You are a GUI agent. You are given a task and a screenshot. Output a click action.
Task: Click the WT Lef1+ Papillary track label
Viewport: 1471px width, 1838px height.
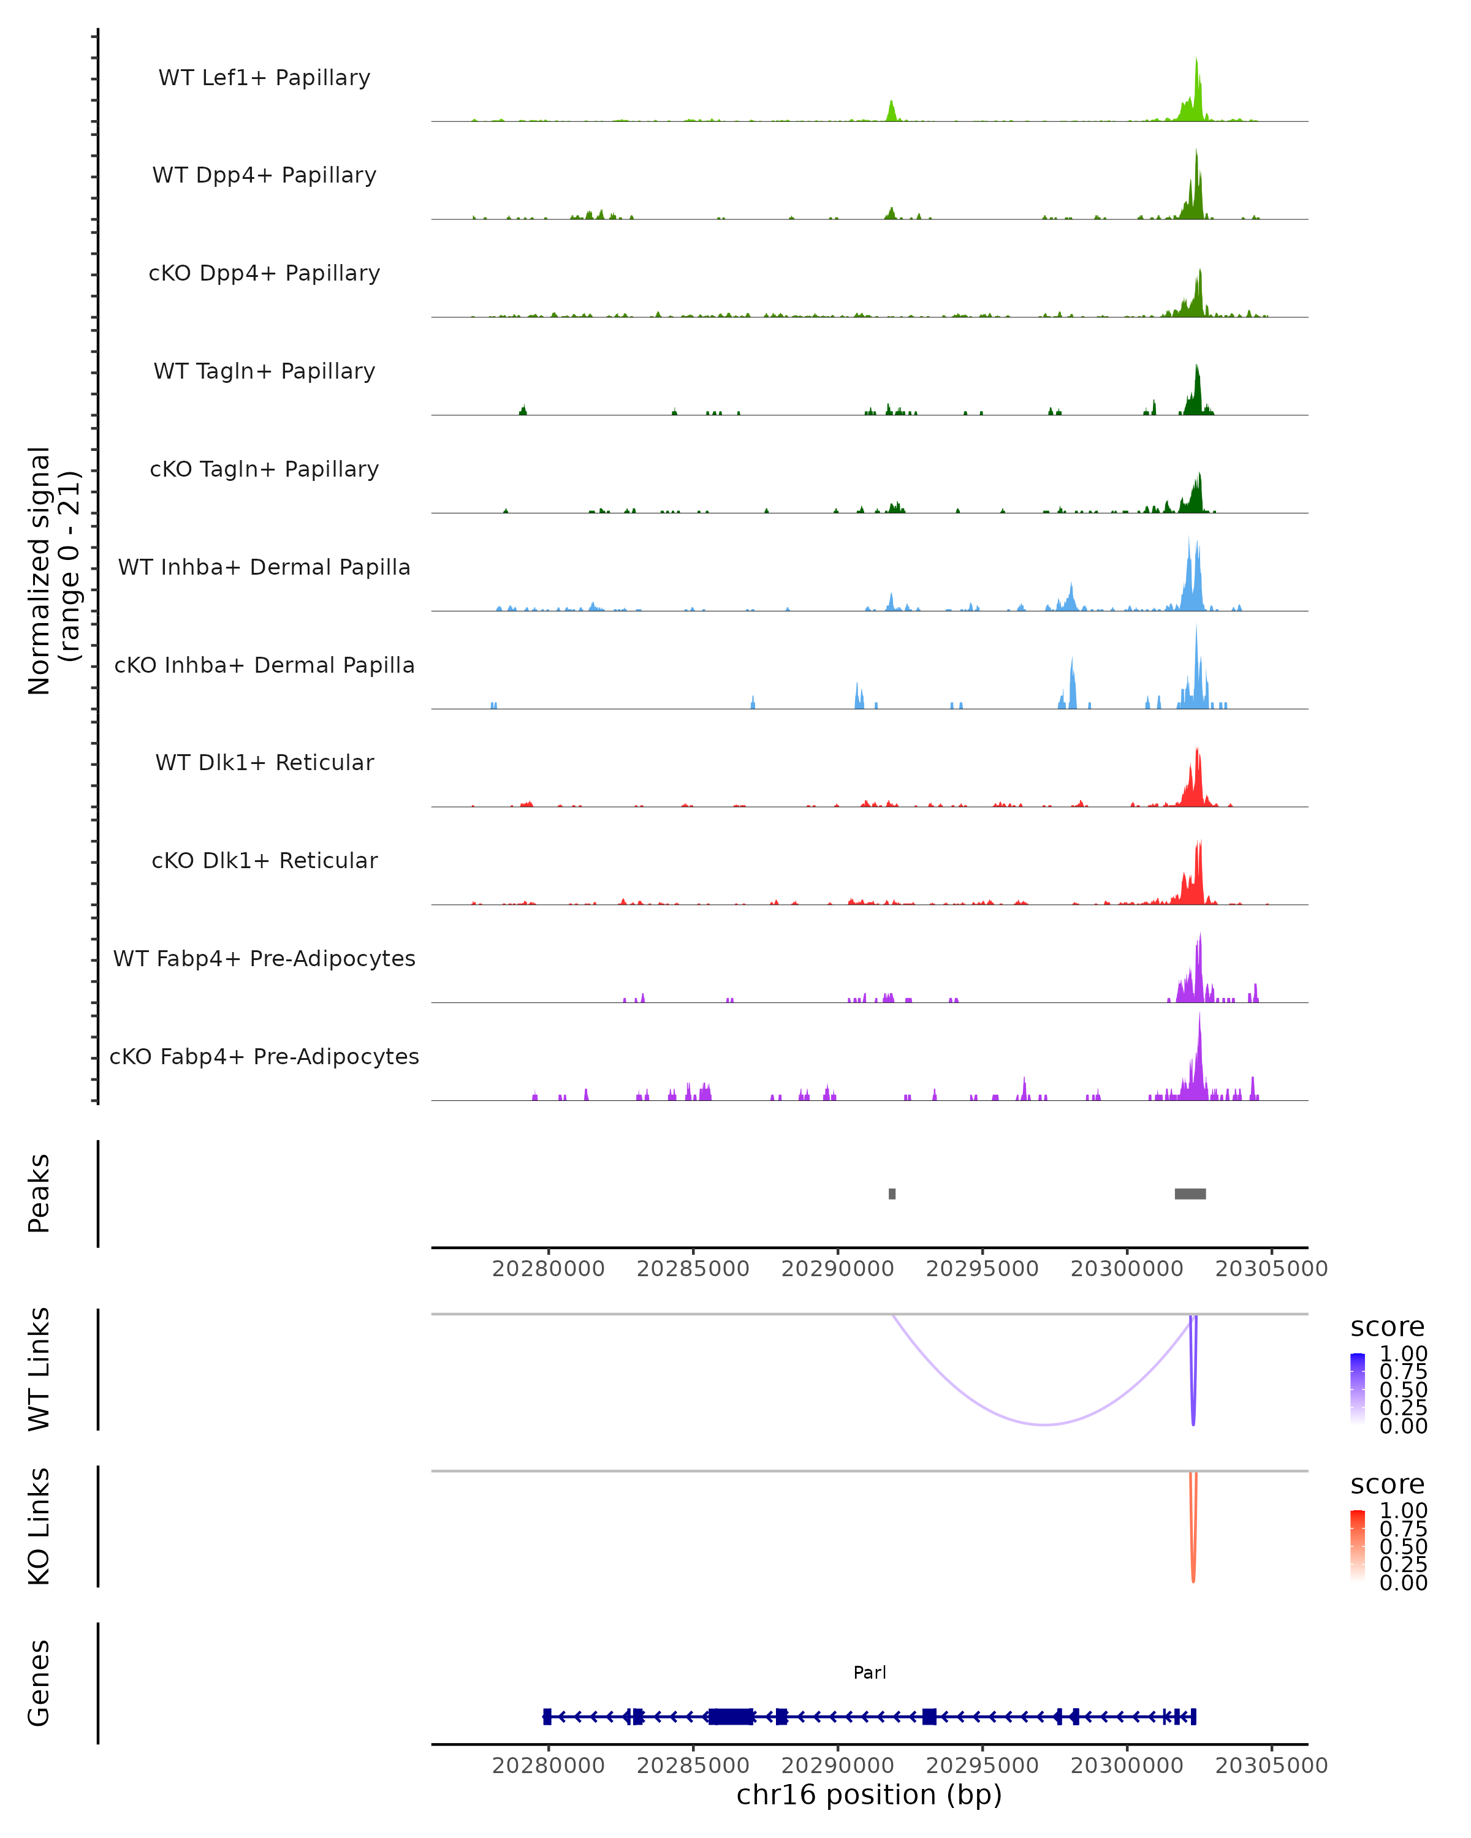tap(264, 78)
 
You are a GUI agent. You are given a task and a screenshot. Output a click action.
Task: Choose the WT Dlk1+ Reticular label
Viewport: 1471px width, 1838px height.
tap(264, 762)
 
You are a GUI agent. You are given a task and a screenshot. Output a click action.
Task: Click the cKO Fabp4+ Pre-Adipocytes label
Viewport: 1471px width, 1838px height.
tap(264, 1056)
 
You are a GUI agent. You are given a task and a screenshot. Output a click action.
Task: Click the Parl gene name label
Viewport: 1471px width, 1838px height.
tap(870, 1673)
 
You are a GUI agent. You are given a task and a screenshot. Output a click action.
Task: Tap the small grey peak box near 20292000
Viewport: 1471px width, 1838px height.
tap(892, 1193)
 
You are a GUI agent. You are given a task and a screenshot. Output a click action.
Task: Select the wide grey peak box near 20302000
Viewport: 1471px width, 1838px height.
tap(1190, 1193)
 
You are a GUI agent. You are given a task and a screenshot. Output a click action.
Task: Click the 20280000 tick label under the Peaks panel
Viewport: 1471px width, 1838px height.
tap(549, 1269)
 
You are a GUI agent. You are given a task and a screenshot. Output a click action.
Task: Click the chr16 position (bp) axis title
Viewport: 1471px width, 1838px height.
tap(869, 1795)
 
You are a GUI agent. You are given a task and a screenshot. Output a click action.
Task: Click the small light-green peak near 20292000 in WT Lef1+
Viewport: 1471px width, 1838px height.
tap(892, 111)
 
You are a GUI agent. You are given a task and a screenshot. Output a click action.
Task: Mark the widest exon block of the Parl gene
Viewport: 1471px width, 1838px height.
tap(731, 1716)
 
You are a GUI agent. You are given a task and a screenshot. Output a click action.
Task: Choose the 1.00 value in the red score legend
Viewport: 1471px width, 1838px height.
tap(1403, 1511)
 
